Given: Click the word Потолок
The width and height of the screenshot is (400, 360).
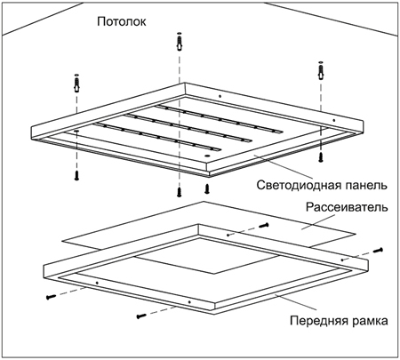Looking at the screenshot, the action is click(x=122, y=21).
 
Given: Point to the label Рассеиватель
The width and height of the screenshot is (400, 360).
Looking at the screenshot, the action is click(x=347, y=207).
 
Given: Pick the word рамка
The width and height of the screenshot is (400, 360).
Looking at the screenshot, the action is click(x=370, y=321).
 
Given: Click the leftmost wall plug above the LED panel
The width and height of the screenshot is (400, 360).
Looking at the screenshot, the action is click(x=76, y=84).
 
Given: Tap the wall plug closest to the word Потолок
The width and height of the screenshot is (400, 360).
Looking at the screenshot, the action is click(x=180, y=42).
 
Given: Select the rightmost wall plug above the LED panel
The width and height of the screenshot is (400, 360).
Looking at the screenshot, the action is click(x=321, y=71).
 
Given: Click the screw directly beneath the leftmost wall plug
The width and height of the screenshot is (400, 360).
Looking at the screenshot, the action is click(x=76, y=175).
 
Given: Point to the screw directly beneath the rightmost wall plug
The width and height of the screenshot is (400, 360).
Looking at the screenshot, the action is click(x=321, y=156).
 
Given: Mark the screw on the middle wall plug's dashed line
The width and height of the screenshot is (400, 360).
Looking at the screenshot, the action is click(x=179, y=192).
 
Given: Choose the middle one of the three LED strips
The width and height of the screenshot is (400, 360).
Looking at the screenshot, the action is click(x=188, y=128).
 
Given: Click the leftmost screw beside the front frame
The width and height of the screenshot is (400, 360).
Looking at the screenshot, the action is click(x=52, y=297).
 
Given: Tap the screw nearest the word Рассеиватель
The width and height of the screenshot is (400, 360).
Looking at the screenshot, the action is click(x=264, y=226).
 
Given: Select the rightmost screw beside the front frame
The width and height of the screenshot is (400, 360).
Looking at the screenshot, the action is click(x=378, y=251).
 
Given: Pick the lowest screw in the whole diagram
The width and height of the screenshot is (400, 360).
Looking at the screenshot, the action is click(x=141, y=316).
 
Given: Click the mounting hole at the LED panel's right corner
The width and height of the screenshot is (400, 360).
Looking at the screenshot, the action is click(x=334, y=120).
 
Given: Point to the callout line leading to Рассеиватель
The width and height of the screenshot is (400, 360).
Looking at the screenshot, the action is click(x=318, y=221).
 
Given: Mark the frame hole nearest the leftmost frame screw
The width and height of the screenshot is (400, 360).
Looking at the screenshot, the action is click(x=97, y=283).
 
